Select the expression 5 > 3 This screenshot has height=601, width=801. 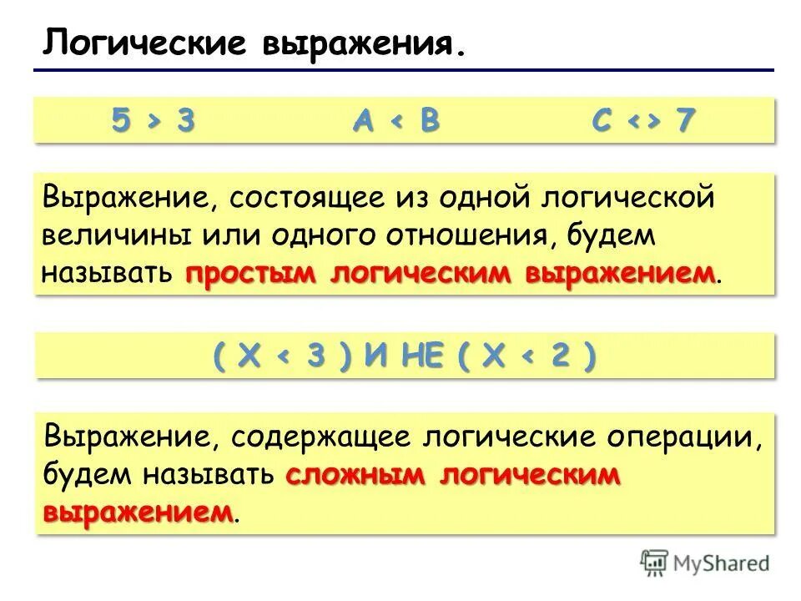coord(154,121)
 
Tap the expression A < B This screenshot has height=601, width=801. coord(395,121)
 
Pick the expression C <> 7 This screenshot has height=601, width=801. coord(643,121)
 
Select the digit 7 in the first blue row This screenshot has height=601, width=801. coord(686,121)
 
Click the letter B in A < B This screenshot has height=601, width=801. coord(429,121)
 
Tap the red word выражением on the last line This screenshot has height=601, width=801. coord(138,511)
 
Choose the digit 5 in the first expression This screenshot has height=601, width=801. coord(123,121)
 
